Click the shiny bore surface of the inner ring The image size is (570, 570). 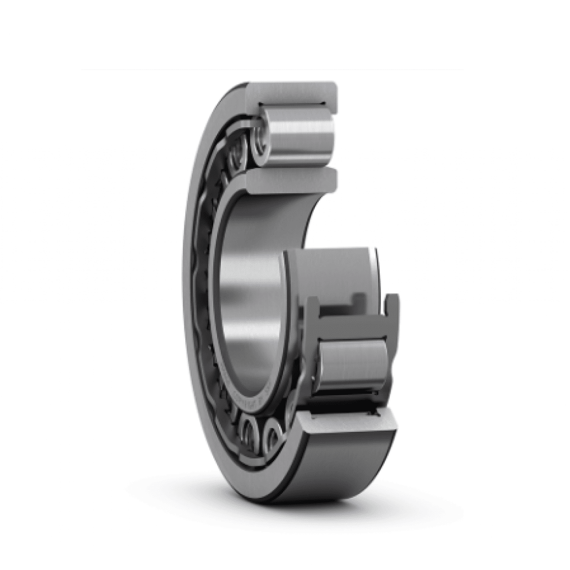[x=247, y=285]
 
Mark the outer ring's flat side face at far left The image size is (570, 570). [x=195, y=285]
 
